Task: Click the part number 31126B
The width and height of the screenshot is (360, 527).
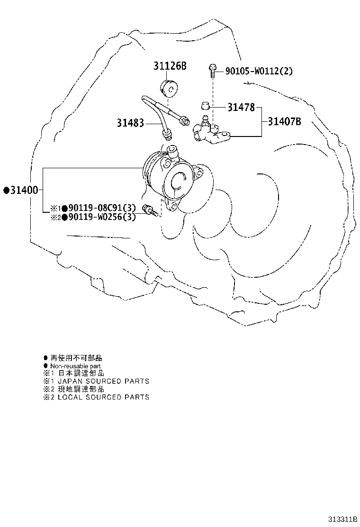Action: pos(170,66)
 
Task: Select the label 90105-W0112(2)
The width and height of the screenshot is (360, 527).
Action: pos(259,71)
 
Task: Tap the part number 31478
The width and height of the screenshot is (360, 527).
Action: pos(241,107)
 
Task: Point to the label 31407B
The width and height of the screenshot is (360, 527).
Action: pos(284,121)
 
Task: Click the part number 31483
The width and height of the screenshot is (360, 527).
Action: pos(130,123)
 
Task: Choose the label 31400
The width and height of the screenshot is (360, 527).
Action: pos(24,190)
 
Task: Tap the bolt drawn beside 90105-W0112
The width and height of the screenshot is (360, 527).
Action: pos(212,70)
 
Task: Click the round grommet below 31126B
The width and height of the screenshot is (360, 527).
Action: pos(169,89)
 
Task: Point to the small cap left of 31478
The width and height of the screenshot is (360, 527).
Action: pos(205,106)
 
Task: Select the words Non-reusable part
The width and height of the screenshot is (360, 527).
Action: pos(76,366)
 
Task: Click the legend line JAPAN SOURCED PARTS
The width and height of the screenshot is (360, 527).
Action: pos(103,381)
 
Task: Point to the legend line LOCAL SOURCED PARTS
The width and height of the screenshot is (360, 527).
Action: pos(103,397)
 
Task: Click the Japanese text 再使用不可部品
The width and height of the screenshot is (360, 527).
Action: pos(76,358)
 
